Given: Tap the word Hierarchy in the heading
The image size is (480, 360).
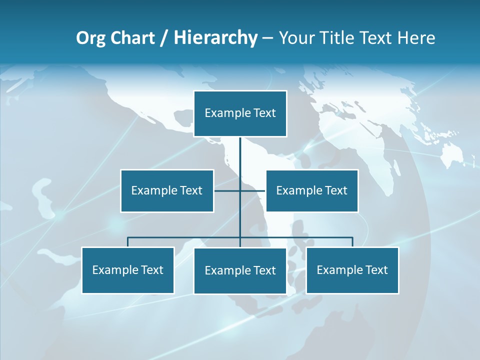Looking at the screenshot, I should point(215,38).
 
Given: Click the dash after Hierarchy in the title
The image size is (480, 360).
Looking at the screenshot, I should point(267,38).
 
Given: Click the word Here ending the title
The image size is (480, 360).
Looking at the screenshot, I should point(416,38).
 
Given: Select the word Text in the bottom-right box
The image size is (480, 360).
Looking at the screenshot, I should point(376,270).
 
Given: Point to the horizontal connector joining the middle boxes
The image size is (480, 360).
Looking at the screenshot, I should point(252,190).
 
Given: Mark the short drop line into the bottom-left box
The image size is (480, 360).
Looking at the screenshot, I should point(127,242).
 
